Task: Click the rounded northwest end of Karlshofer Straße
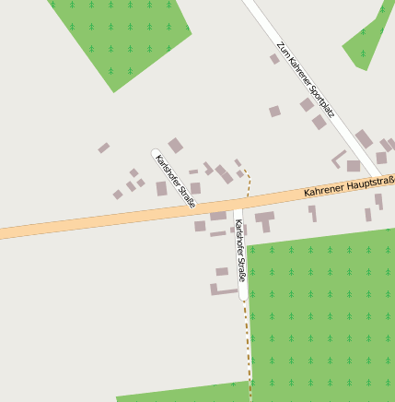coord(156,154)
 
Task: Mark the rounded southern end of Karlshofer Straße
coord(242,296)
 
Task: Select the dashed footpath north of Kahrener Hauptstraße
coord(247,180)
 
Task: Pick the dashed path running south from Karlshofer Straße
coord(247,346)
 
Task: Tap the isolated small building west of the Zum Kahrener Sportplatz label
coord(274,112)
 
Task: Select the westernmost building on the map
coord(104,148)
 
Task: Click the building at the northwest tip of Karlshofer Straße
coord(175,145)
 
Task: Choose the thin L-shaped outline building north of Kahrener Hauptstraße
coord(339,158)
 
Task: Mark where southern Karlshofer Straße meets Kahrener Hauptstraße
coord(238,201)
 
